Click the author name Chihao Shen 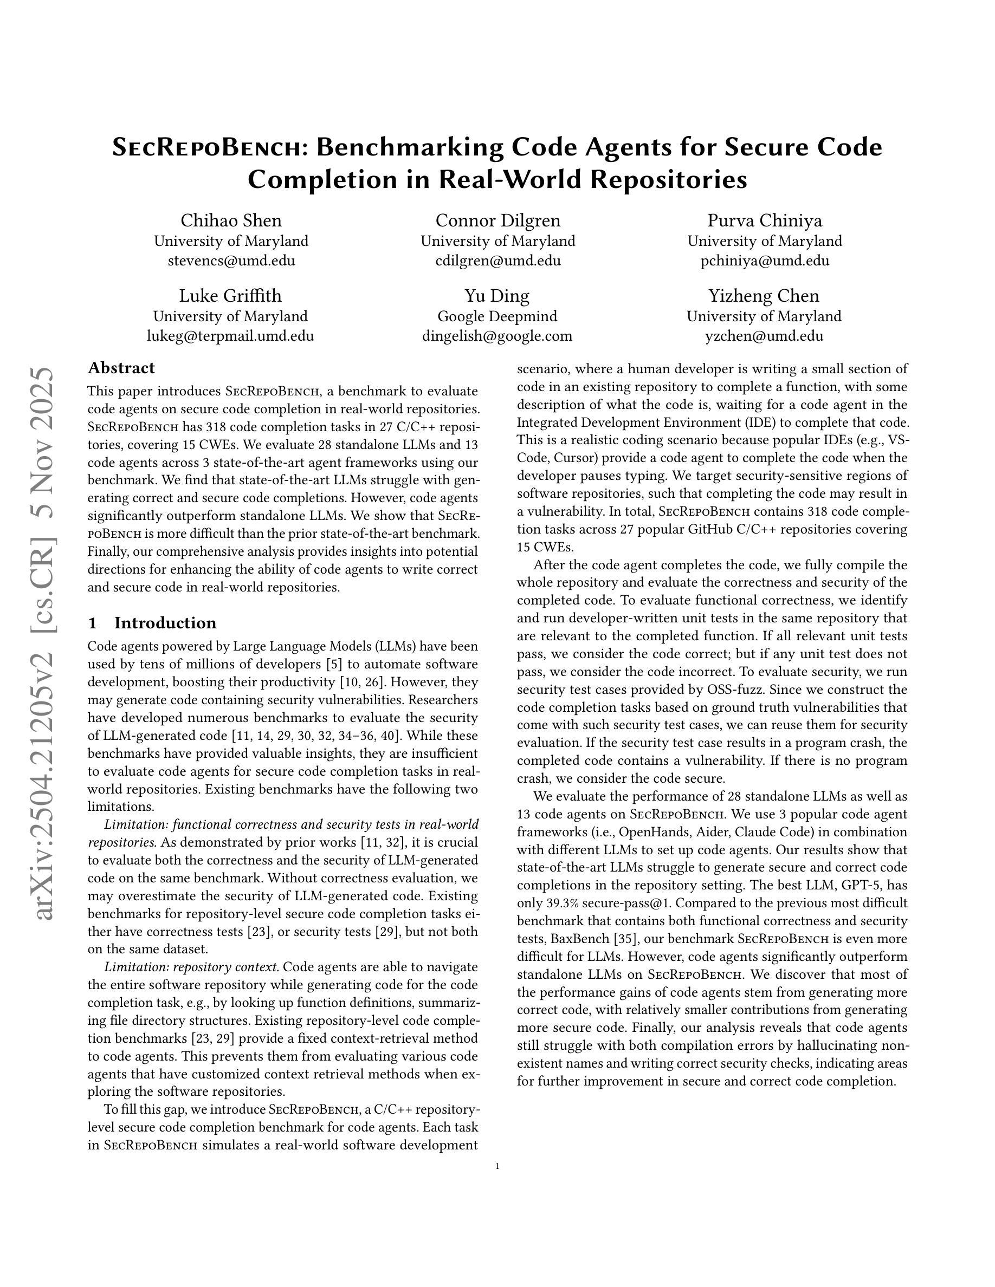(x=230, y=220)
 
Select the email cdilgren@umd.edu (x=498, y=261)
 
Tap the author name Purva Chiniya (x=765, y=220)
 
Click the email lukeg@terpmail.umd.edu (x=230, y=336)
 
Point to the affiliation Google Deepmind (x=497, y=316)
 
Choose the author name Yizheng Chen (x=764, y=295)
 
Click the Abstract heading (x=121, y=368)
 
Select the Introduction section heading (x=165, y=623)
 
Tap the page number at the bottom (x=498, y=1166)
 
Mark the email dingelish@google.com (x=497, y=336)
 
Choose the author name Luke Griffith (x=230, y=295)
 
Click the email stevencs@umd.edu (x=231, y=261)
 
